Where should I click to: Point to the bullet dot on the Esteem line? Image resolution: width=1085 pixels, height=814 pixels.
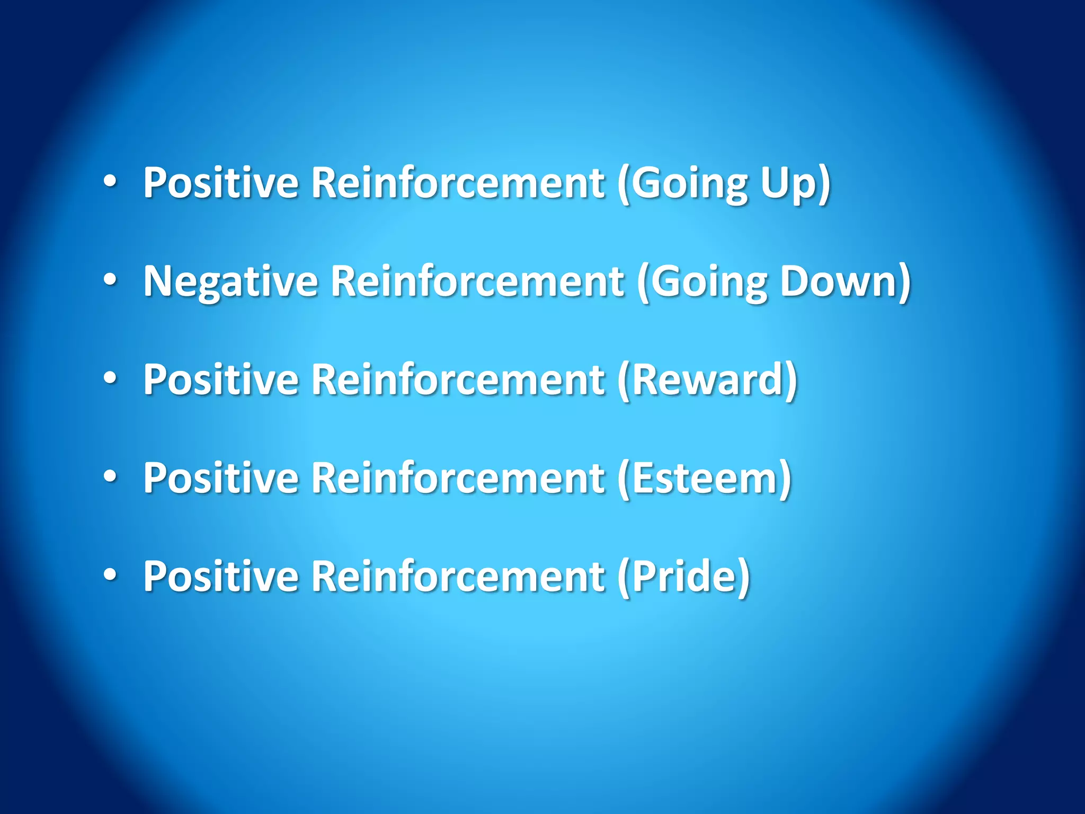(110, 477)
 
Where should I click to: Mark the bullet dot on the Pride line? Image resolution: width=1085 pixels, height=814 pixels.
(110, 576)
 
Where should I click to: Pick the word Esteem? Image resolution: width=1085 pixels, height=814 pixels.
(705, 478)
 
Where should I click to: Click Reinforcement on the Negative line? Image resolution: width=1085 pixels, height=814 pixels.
(477, 281)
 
